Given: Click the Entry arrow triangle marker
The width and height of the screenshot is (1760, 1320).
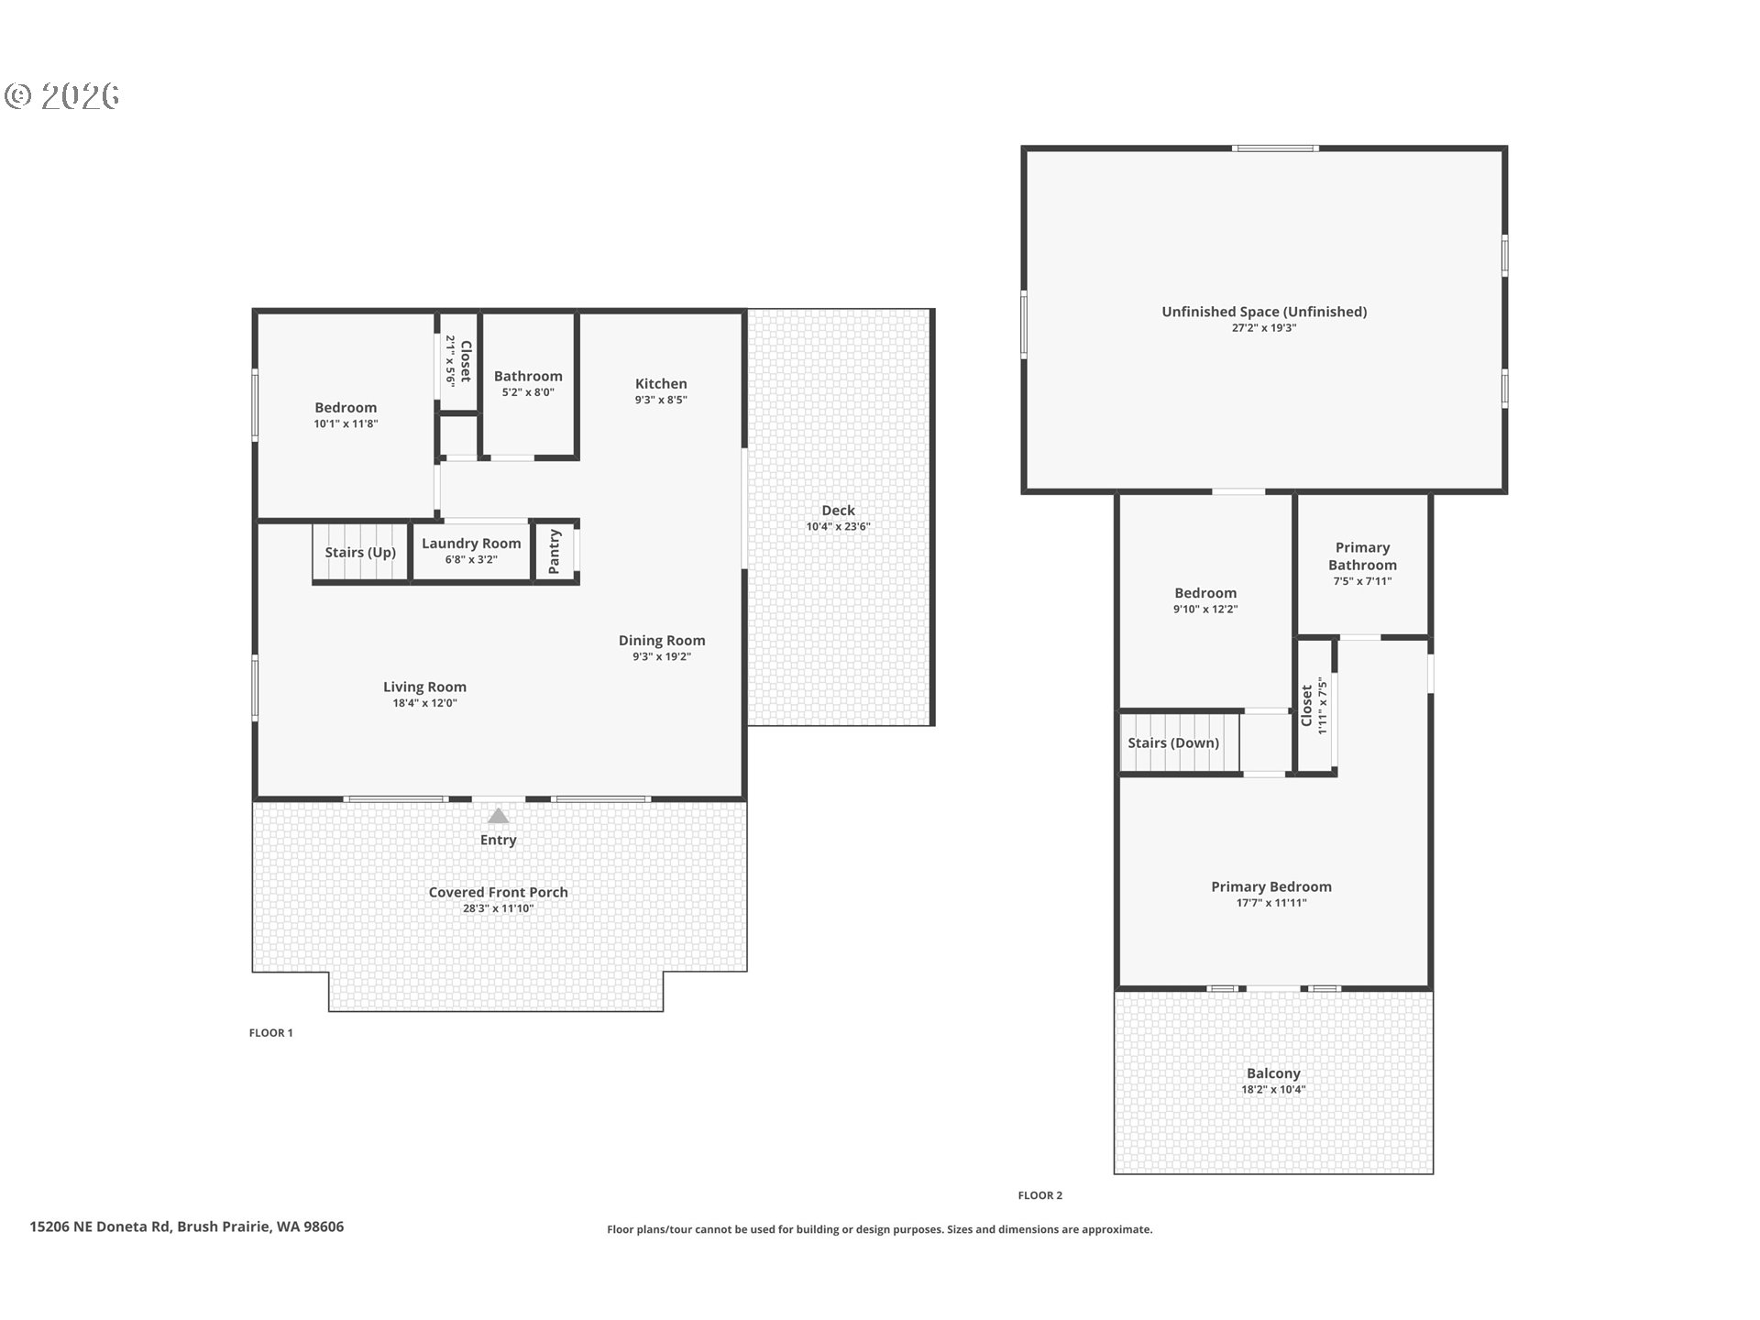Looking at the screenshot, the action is pyautogui.click(x=498, y=816).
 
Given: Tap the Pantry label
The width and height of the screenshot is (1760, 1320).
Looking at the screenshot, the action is pyautogui.click(x=554, y=552).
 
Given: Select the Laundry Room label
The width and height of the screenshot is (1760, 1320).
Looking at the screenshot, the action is pyautogui.click(x=471, y=544).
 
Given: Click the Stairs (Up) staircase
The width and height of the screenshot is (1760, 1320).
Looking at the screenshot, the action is pyautogui.click(x=360, y=552).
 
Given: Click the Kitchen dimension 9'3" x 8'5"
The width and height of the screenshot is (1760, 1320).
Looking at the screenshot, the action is pyautogui.click(x=661, y=400).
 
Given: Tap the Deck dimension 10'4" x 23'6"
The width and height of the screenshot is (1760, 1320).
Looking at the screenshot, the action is pyautogui.click(x=838, y=527).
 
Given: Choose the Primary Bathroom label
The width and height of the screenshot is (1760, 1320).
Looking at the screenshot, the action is pyautogui.click(x=1362, y=556).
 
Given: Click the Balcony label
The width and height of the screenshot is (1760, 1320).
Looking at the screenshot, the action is pyautogui.click(x=1273, y=1073).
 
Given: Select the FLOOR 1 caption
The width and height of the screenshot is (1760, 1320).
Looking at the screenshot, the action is pyautogui.click(x=271, y=1033).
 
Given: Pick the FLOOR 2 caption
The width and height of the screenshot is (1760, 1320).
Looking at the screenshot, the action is pyautogui.click(x=1040, y=1195).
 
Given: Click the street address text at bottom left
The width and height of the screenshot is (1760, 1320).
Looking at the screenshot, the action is pyautogui.click(x=187, y=1226).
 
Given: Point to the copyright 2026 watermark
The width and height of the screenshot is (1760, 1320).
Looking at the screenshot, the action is pyautogui.click(x=62, y=96).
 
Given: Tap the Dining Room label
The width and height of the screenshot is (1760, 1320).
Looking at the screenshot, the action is pyautogui.click(x=662, y=641).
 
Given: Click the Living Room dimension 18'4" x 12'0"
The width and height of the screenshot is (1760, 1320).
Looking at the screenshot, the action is pyautogui.click(x=424, y=703).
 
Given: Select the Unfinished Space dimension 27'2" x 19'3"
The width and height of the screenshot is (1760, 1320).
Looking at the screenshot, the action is pyautogui.click(x=1264, y=328).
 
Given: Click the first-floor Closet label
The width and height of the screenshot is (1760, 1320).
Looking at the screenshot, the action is pyautogui.click(x=465, y=361).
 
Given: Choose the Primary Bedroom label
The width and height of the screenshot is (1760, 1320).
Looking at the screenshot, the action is pyautogui.click(x=1271, y=886).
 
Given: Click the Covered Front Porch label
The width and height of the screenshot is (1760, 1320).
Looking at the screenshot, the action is pyautogui.click(x=499, y=892).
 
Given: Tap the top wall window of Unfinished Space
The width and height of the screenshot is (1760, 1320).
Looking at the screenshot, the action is pyautogui.click(x=1275, y=148).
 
